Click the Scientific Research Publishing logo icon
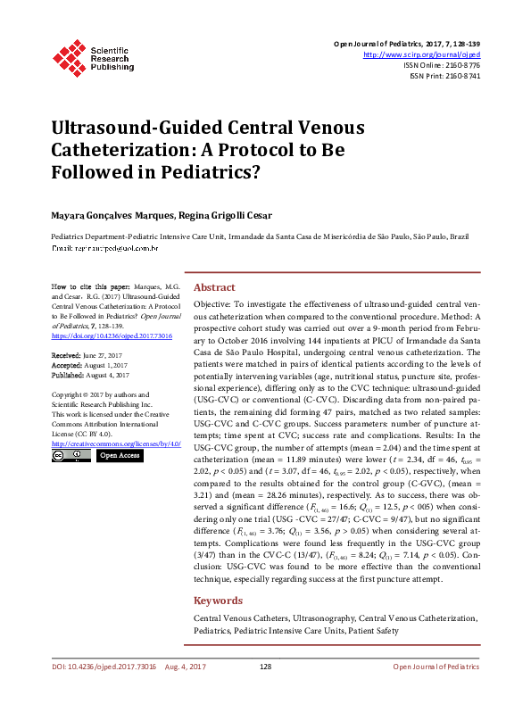68,55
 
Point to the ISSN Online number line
447,65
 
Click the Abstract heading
214,288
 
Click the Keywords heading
218,601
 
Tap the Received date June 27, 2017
88,354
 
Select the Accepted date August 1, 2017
91,364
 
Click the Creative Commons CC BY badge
68,456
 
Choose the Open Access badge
120,456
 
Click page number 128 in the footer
265,692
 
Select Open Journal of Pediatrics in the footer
436,692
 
